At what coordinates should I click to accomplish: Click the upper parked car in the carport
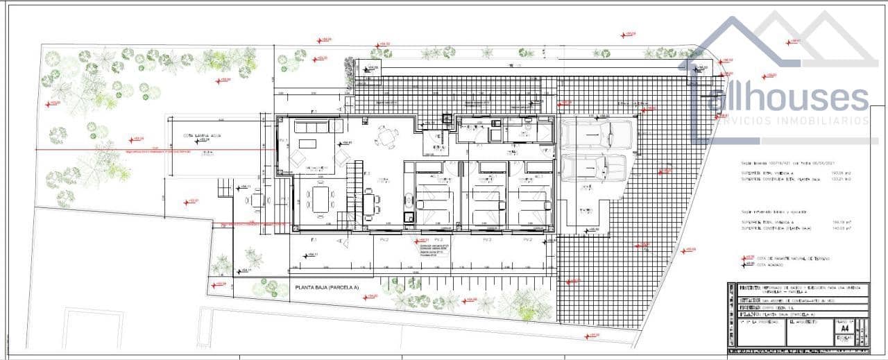597,133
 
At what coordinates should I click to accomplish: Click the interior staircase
356,187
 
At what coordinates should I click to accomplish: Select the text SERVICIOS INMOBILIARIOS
791,121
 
